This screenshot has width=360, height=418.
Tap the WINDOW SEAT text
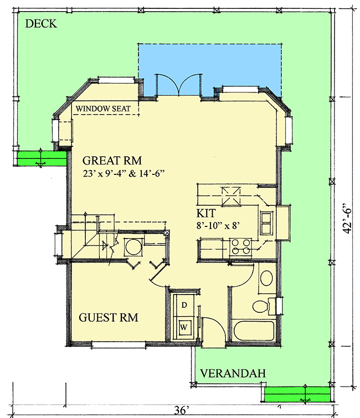104,109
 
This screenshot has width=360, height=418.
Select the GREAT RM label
112,161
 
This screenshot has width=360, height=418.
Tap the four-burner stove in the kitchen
240,246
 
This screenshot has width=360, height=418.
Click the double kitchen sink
266,221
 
